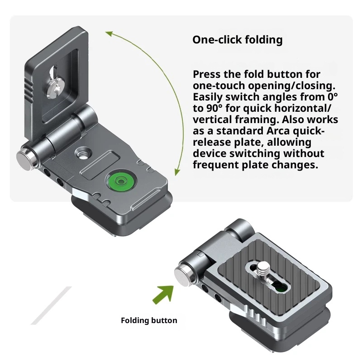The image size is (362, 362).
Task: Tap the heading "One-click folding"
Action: coord(237,40)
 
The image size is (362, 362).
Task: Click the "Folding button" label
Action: coord(149,320)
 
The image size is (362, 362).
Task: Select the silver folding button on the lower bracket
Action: coord(182,273)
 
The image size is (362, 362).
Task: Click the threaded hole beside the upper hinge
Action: coord(83,153)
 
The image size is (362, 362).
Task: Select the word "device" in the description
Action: coord(209,154)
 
